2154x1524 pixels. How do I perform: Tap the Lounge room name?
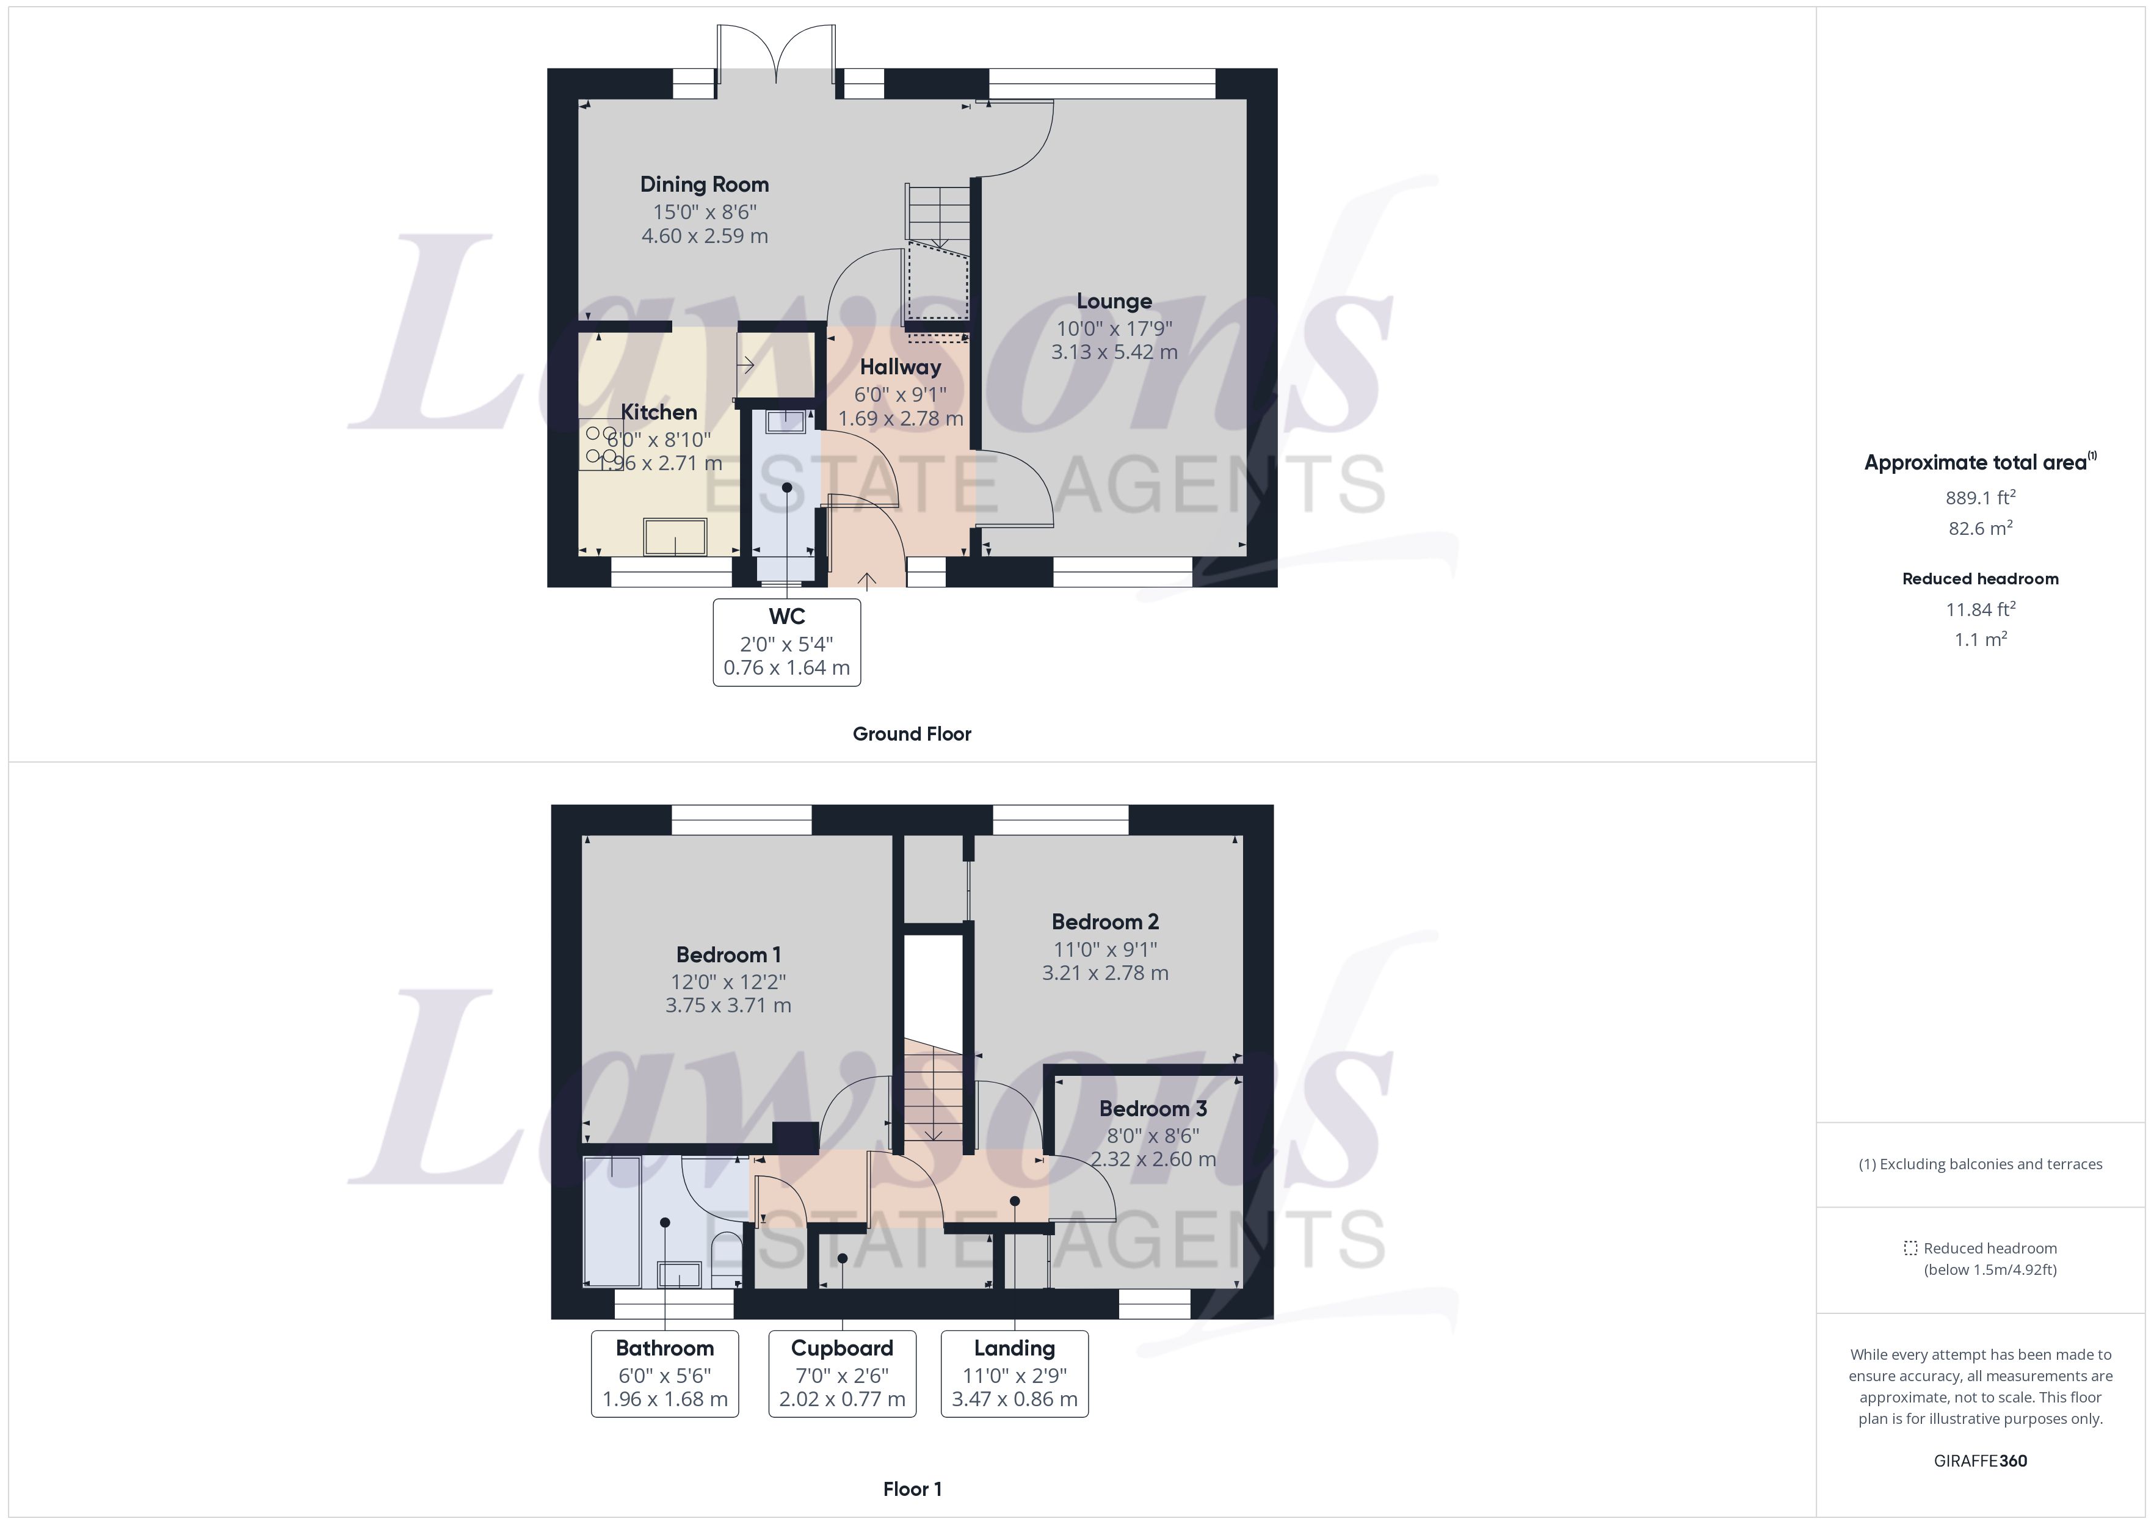point(1114,301)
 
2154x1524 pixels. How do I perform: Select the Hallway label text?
point(900,367)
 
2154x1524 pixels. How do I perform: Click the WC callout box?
point(786,642)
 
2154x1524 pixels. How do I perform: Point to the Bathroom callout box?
point(664,1373)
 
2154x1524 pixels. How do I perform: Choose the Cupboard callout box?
point(841,1373)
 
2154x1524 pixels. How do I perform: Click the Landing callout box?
point(1014,1373)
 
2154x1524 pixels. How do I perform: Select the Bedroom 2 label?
point(1105,921)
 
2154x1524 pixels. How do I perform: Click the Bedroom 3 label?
point(1153,1108)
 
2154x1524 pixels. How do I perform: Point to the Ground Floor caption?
point(911,734)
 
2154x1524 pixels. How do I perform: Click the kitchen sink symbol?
point(675,537)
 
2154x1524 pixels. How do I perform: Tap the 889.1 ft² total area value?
point(1979,498)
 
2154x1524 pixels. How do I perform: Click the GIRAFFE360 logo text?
point(1979,1460)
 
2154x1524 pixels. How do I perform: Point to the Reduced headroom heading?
point(1979,579)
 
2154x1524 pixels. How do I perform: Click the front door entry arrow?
point(867,581)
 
